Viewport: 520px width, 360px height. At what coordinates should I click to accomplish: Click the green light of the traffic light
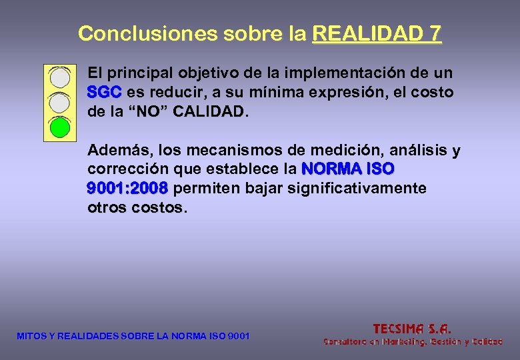click(61, 127)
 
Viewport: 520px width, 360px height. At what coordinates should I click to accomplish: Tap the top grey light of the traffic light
click(61, 77)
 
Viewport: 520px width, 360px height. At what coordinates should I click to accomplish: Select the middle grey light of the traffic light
click(61, 102)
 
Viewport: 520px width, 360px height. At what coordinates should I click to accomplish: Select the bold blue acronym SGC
click(104, 92)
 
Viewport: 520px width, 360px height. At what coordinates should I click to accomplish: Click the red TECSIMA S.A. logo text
click(412, 328)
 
